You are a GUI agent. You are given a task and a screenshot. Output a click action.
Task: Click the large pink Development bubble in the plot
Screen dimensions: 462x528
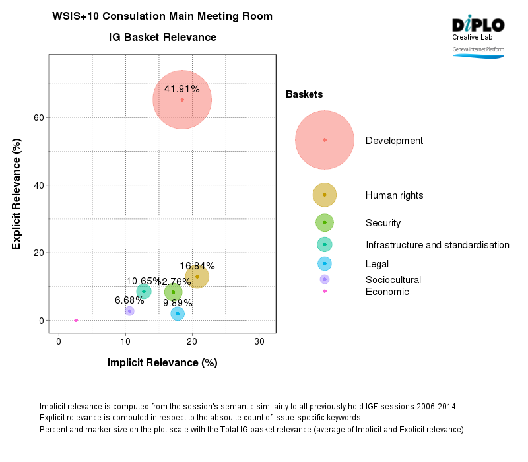pyautogui.click(x=182, y=100)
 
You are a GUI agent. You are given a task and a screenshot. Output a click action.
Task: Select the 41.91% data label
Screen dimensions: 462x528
pyautogui.click(x=181, y=89)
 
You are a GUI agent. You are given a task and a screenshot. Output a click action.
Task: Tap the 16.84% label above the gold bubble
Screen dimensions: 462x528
pyautogui.click(x=197, y=266)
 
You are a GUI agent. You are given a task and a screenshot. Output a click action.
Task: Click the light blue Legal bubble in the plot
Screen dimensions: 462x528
pyautogui.click(x=178, y=313)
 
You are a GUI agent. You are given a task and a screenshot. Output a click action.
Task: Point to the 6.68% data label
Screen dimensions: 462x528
pyautogui.click(x=129, y=300)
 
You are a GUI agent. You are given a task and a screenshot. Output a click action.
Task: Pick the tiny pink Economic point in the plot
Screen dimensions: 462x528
pyautogui.click(x=76, y=320)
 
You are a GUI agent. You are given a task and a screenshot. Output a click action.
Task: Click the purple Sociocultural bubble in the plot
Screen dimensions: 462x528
pyautogui.click(x=129, y=311)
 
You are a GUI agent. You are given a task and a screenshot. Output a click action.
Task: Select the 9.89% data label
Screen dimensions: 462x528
pyautogui.click(x=178, y=303)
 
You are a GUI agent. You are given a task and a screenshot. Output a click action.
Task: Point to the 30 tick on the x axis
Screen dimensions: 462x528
pyautogui.click(x=259, y=341)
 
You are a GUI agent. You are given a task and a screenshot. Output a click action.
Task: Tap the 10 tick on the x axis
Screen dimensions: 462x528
pyautogui.click(x=125, y=341)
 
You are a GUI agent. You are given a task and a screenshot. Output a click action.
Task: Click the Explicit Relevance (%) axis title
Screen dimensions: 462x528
pyautogui.click(x=16, y=193)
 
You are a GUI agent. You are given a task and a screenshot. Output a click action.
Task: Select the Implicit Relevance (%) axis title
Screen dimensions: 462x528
pyautogui.click(x=162, y=362)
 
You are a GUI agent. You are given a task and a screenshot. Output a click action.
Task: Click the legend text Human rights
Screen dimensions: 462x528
pyautogui.click(x=394, y=195)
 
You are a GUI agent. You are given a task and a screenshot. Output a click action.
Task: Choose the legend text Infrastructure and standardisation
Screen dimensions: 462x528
pyautogui.click(x=437, y=245)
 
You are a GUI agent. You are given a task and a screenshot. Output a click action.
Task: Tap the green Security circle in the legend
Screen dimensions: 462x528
pyautogui.click(x=324, y=223)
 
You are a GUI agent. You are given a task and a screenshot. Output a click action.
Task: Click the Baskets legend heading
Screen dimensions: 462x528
pyautogui.click(x=304, y=94)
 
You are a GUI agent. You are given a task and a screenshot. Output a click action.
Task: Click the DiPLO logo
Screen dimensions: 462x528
pyautogui.click(x=478, y=25)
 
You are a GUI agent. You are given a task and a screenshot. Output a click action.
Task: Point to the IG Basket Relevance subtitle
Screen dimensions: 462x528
pyautogui.click(x=162, y=38)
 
